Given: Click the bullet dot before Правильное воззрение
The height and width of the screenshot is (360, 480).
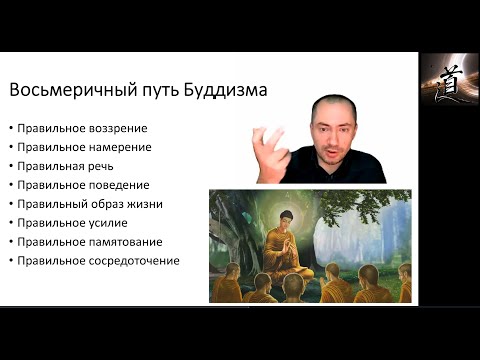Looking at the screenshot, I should (x=9, y=128).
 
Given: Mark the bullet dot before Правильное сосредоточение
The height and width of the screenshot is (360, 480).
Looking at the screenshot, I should (x=9, y=261).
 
